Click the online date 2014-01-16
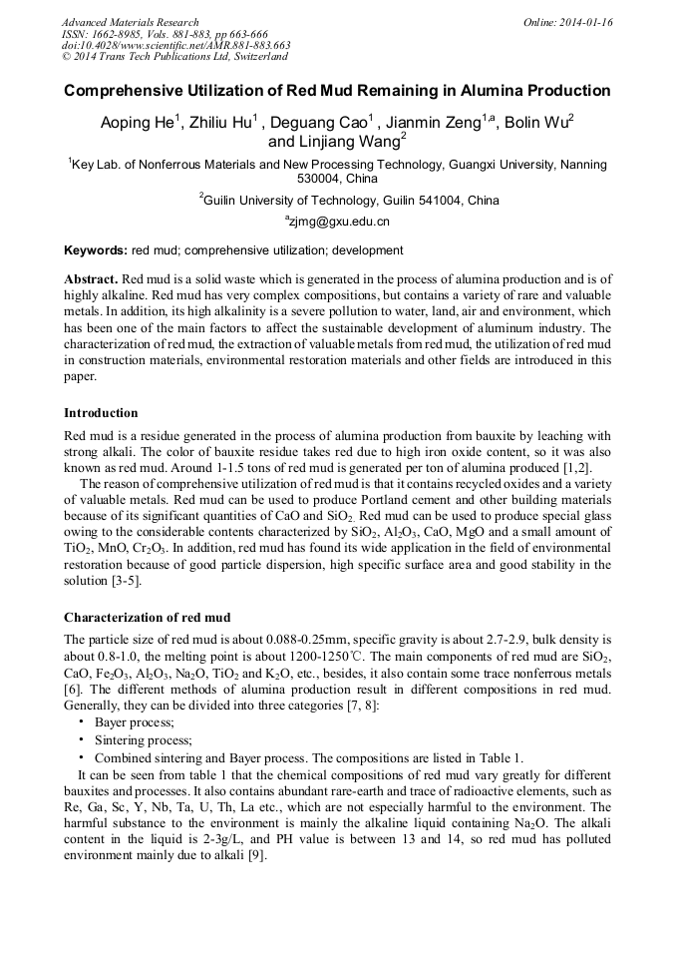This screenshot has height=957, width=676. point(582,22)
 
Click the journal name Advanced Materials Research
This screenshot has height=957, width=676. point(130,22)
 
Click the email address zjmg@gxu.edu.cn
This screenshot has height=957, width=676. point(339,222)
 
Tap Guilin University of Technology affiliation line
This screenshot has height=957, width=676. point(349,201)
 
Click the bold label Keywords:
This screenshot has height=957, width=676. point(96,250)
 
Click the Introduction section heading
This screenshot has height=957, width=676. point(101,413)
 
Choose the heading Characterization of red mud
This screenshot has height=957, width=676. point(147,617)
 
